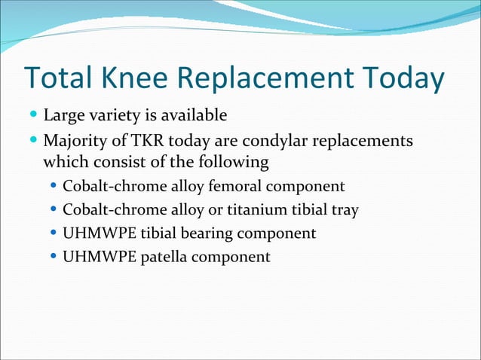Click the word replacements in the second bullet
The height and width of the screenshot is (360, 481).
tap(368, 141)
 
